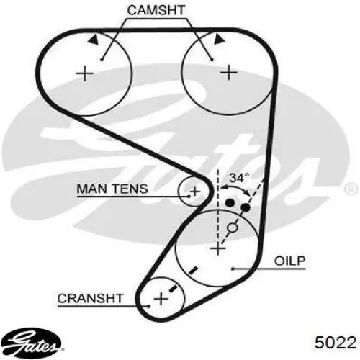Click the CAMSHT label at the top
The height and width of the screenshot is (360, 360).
156,10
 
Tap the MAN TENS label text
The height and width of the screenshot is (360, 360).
112,189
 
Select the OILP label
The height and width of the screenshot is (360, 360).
290,261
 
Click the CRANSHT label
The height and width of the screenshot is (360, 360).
90,298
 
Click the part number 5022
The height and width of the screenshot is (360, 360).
336,342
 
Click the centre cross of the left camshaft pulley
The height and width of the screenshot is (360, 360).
84,73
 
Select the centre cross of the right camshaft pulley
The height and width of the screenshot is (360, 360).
229,72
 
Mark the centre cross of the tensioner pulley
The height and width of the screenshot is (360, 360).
195,192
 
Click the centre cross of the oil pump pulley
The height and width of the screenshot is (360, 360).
217,248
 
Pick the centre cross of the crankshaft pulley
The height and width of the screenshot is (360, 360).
161,299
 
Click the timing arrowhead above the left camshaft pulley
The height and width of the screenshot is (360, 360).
94,39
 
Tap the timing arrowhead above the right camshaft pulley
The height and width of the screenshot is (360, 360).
220,39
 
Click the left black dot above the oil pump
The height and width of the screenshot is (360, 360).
230,203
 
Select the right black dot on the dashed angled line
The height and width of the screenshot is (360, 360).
246,207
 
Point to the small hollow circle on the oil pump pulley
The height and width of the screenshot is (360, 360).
233,228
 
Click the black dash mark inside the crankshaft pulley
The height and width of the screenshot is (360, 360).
173,288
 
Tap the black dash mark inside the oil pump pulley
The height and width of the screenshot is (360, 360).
193,270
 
